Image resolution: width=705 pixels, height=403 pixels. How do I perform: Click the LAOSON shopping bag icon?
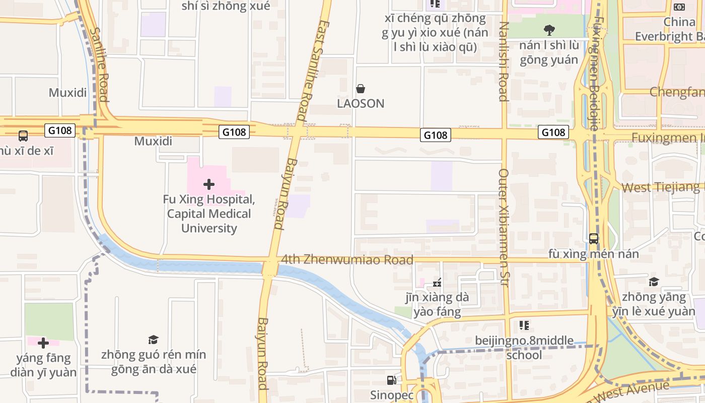(361, 89)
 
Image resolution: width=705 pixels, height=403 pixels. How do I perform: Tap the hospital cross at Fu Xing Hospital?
(208, 184)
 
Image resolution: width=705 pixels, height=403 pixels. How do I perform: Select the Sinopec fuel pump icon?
(391, 380)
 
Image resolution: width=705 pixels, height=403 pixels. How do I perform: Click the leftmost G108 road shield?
(60, 131)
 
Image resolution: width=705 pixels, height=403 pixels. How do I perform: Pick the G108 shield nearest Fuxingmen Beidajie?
(553, 132)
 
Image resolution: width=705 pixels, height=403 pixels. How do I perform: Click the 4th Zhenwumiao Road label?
(347, 260)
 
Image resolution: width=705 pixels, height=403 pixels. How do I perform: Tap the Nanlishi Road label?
(504, 61)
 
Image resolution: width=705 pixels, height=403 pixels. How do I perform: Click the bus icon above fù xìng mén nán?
(594, 238)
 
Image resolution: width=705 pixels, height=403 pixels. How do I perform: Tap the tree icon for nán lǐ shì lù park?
(549, 30)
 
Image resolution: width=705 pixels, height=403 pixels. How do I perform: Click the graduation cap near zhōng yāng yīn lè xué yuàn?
(654, 282)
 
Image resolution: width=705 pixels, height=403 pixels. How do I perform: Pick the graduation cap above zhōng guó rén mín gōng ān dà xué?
(153, 340)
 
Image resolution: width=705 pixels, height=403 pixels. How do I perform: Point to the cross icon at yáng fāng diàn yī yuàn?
(43, 343)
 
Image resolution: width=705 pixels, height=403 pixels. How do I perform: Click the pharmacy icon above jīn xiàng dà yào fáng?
(437, 283)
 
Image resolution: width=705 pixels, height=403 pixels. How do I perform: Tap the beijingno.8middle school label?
(524, 348)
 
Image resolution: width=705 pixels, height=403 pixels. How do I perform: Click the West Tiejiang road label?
(660, 187)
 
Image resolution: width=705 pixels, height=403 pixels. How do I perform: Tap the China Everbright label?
(670, 29)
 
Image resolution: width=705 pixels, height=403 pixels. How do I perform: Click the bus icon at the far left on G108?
(23, 136)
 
